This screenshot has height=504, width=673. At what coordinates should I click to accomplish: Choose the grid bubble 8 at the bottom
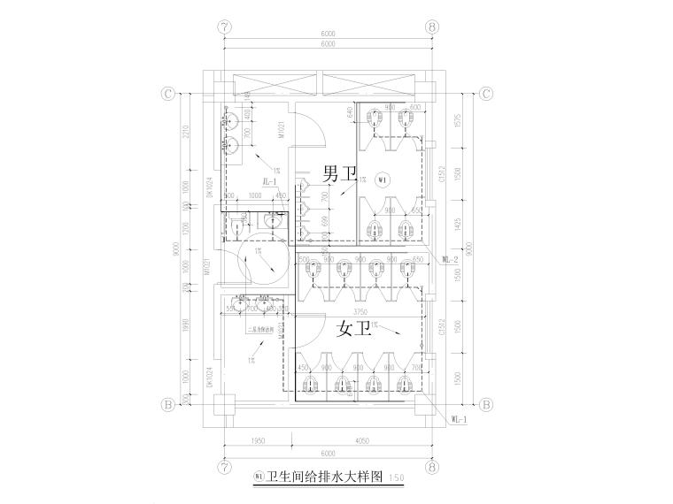(x=432, y=466)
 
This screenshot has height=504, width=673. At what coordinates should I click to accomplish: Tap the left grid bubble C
(x=166, y=93)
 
